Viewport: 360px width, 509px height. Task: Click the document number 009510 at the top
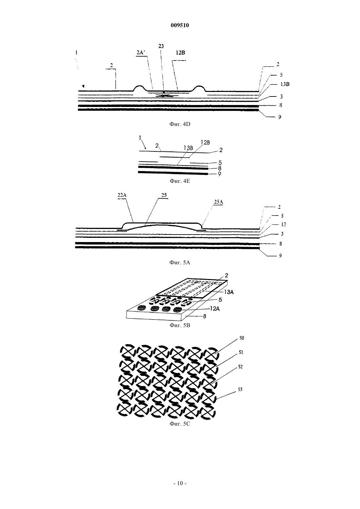pyautogui.click(x=180, y=25)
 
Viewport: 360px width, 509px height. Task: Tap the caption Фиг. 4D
pyautogui.click(x=180, y=124)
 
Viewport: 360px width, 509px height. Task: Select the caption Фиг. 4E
pyautogui.click(x=180, y=181)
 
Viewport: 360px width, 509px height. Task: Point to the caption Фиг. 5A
pyautogui.click(x=180, y=263)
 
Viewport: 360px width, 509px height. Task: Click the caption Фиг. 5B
pyautogui.click(x=180, y=325)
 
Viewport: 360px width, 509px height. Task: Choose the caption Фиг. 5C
pyautogui.click(x=180, y=424)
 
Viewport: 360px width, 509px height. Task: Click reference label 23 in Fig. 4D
pyautogui.click(x=161, y=46)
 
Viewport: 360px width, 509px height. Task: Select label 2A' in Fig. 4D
pyautogui.click(x=141, y=52)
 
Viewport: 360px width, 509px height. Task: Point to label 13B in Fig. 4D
pyautogui.click(x=285, y=84)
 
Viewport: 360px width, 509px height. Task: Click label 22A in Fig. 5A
pyautogui.click(x=122, y=195)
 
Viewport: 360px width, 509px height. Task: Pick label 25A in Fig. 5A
pyautogui.click(x=218, y=202)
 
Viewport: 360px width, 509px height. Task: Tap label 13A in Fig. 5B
pyautogui.click(x=229, y=292)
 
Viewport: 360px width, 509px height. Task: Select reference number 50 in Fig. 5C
pyautogui.click(x=242, y=338)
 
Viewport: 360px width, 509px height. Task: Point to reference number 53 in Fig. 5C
pyautogui.click(x=240, y=389)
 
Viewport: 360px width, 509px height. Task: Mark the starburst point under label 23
pyautogui.click(x=164, y=96)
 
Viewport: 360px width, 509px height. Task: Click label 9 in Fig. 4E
pyautogui.click(x=219, y=174)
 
